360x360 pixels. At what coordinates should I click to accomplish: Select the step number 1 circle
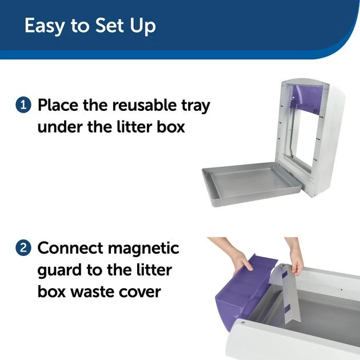tap(23, 105)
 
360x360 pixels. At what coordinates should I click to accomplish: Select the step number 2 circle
tap(23, 249)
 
